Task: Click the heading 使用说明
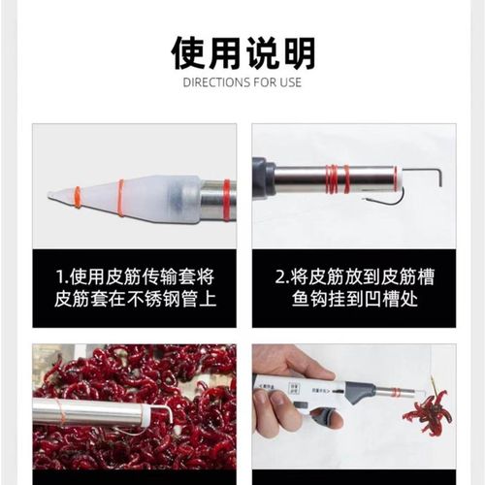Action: click(x=242, y=49)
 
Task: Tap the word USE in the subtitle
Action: click(x=290, y=81)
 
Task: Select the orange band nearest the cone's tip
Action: click(x=78, y=195)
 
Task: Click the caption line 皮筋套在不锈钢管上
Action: click(x=134, y=300)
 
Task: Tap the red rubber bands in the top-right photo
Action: click(x=336, y=178)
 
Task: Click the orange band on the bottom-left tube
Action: click(x=62, y=415)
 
